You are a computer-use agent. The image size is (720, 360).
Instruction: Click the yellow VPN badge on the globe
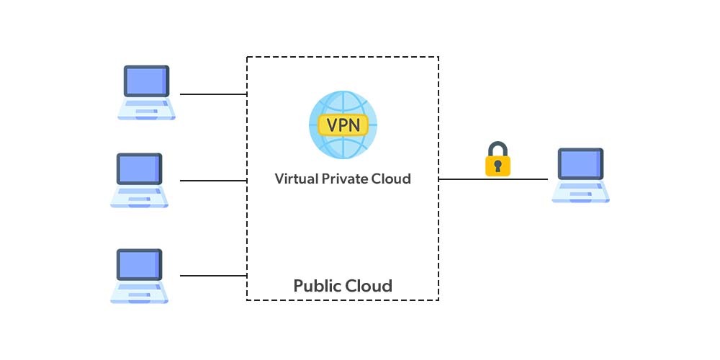(343, 125)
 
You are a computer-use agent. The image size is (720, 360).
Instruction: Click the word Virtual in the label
(296, 179)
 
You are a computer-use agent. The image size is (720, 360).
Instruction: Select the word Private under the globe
(348, 179)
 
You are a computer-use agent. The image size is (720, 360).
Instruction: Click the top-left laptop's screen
(146, 81)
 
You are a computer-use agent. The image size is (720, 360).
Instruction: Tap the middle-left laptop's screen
(139, 168)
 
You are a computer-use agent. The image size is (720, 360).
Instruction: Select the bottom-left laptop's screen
(139, 264)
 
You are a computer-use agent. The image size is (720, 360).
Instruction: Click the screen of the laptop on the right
(580, 163)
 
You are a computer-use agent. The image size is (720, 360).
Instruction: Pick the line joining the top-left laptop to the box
(213, 94)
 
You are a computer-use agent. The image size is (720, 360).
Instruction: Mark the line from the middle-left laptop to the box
(213, 181)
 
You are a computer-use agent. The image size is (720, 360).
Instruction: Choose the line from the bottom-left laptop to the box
(213, 276)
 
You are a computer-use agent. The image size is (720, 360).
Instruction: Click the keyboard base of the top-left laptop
(147, 109)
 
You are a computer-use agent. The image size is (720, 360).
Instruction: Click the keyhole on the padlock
(498, 166)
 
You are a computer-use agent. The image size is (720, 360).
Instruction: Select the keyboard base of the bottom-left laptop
(139, 293)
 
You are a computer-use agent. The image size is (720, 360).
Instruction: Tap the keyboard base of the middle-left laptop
(139, 198)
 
